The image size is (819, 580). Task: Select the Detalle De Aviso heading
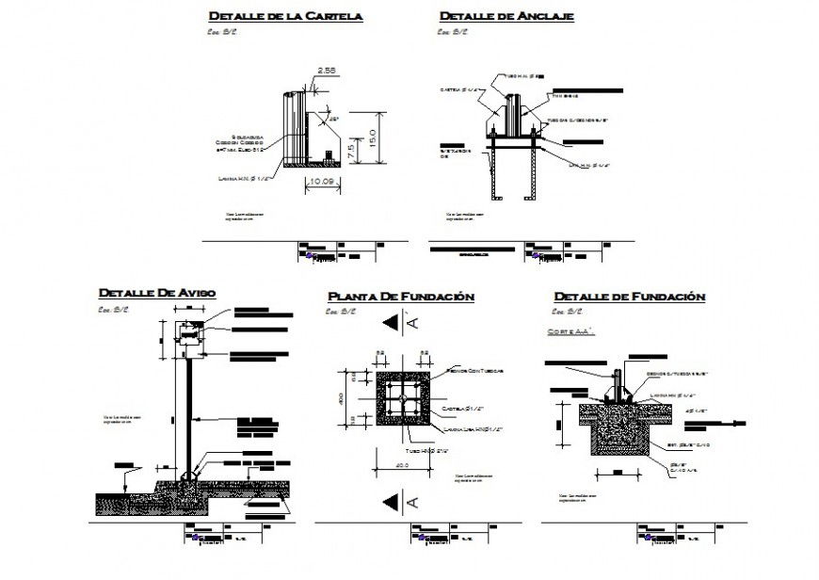pyautogui.click(x=156, y=293)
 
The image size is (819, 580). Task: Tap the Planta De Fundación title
pyautogui.click(x=400, y=297)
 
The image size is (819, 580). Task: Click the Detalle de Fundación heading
pyautogui.click(x=629, y=297)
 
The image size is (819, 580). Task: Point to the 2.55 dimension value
pyautogui.click(x=328, y=70)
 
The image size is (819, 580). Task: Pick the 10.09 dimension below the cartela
pyautogui.click(x=322, y=182)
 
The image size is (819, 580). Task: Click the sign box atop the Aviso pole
pyautogui.click(x=188, y=336)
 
